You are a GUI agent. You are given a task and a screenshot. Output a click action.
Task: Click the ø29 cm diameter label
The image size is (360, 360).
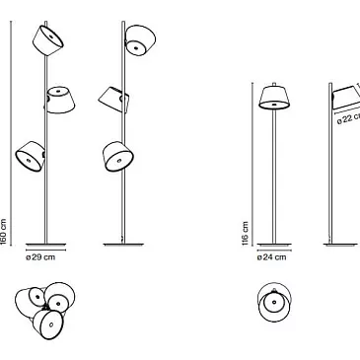[40, 257]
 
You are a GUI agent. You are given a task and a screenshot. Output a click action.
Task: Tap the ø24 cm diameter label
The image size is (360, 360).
[271, 257]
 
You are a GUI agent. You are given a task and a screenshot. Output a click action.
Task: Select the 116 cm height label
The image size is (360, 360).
[245, 234]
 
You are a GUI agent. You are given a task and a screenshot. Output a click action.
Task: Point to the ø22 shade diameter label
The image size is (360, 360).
[348, 118]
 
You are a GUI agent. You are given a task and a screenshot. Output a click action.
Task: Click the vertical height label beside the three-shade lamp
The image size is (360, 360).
[3, 232]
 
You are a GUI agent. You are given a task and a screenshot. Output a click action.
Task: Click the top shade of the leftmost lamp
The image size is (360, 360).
[48, 40]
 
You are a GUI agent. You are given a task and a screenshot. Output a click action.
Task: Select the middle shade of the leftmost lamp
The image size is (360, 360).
[59, 100]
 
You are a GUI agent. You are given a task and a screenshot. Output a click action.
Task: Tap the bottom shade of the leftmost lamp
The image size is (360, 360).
[30, 157]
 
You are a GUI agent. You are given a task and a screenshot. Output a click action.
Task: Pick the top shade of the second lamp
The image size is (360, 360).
[140, 40]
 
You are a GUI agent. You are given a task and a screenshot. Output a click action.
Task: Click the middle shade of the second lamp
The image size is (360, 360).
[113, 100]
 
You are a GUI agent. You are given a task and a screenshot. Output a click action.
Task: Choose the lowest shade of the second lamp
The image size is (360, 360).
[117, 157]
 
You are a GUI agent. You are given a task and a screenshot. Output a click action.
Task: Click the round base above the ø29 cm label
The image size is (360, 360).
[45, 245]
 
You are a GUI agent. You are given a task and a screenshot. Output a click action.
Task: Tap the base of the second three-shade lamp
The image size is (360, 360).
[123, 245]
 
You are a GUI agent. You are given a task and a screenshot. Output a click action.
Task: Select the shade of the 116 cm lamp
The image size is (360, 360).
[274, 98]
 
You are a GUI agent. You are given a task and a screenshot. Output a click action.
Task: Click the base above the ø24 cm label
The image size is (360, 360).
[274, 245]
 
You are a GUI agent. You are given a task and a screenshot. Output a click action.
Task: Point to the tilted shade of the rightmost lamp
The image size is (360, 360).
[346, 97]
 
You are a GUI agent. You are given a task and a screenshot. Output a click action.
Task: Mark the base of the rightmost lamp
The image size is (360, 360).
[340, 245]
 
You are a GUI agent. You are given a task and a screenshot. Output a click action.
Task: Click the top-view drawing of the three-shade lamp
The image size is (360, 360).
[45, 310]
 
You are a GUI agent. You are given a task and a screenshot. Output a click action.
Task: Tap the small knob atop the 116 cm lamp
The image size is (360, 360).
[274, 84]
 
